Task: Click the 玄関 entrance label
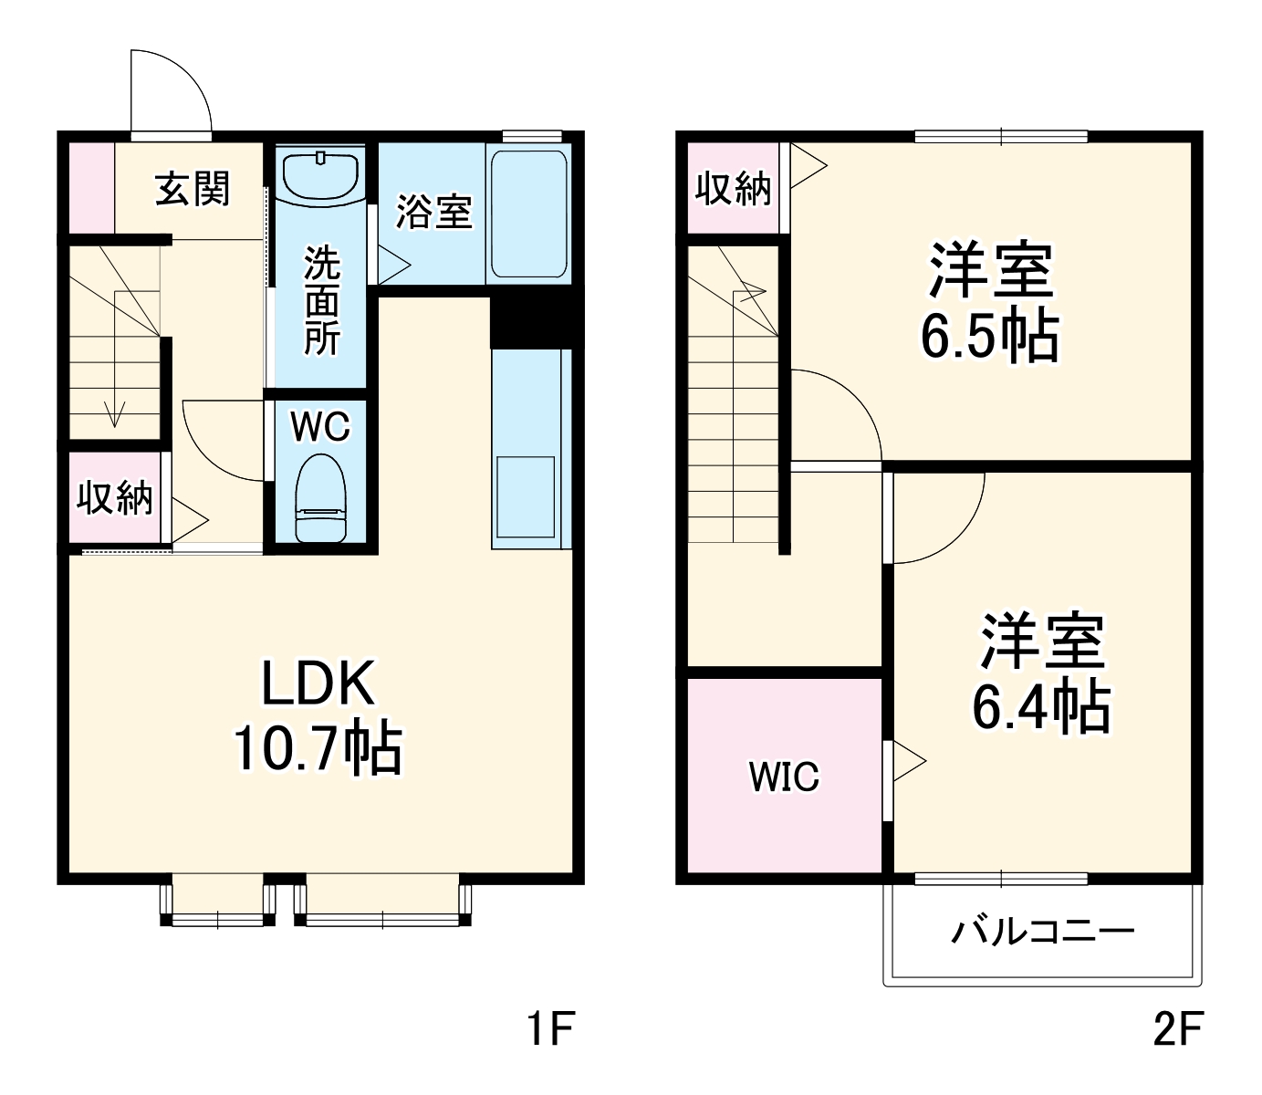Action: point(193,189)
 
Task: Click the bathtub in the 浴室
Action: point(528,213)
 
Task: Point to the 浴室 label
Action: point(433,211)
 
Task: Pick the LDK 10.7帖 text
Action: point(318,715)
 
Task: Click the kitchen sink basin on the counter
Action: point(525,496)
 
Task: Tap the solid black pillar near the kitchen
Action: point(531,320)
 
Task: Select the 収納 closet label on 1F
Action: point(115,498)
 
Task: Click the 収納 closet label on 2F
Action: point(733,189)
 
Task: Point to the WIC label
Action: point(784,777)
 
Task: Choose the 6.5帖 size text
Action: point(989,336)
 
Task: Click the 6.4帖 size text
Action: point(1041,708)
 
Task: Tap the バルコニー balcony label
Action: point(1042,932)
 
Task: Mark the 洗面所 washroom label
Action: point(321,300)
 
